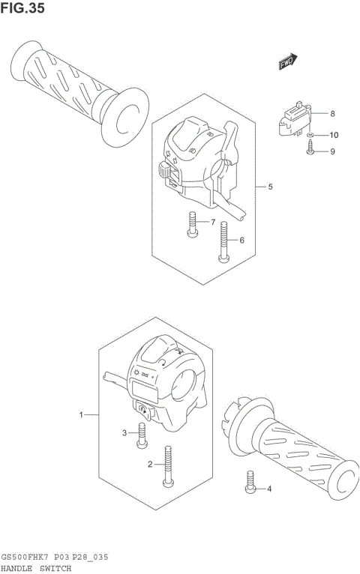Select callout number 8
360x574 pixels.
[x=332, y=114]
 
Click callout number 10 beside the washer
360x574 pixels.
[x=334, y=136]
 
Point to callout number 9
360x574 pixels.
[x=332, y=151]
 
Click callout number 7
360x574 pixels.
[x=212, y=223]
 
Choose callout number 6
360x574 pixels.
[x=242, y=241]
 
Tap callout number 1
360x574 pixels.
[x=82, y=414]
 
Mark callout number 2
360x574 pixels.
[x=150, y=465]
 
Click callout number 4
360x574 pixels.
[x=270, y=490]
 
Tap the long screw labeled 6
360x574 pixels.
[x=223, y=244]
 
